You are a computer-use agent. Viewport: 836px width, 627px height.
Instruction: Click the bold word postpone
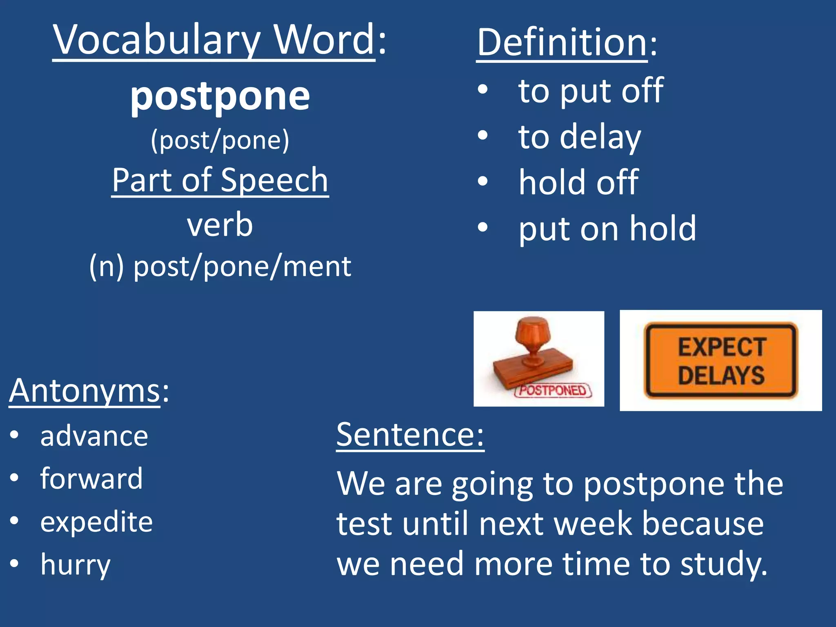pos(220,97)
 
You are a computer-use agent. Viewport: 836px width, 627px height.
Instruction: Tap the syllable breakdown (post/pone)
pos(220,140)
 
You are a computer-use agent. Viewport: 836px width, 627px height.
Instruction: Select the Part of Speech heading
pos(220,180)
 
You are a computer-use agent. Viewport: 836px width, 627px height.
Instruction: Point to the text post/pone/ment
pos(242,267)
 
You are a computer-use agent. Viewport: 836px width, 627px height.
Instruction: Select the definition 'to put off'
pos(590,91)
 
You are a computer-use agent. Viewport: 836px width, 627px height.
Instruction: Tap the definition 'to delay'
pos(579,137)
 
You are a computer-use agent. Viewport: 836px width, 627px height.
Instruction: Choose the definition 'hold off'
pos(578,182)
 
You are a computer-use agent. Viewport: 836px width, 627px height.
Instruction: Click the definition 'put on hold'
pos(607,229)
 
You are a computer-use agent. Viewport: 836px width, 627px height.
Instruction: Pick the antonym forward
pos(91,478)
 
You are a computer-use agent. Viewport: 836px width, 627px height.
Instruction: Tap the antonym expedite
pos(96,522)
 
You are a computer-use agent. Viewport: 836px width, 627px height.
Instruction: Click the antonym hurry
pos(76,565)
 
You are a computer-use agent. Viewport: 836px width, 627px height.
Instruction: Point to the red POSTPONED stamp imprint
pos(553,390)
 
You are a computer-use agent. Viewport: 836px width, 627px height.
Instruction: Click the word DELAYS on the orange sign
pos(721,376)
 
